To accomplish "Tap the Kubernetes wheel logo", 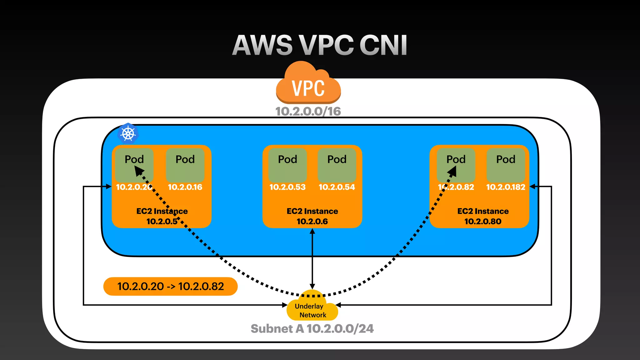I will click(x=128, y=134).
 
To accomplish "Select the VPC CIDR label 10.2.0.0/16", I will click(x=308, y=112).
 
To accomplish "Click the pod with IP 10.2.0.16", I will click(x=185, y=165).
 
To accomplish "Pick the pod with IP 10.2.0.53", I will click(x=287, y=165).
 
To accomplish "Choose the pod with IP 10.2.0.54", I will click(x=337, y=165).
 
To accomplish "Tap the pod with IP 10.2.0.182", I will click(x=506, y=165).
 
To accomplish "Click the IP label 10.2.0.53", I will click(x=287, y=187).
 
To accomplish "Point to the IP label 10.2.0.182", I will click(x=506, y=187).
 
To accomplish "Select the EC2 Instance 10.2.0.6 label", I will click(x=312, y=216).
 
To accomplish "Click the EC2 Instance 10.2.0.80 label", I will click(x=483, y=216).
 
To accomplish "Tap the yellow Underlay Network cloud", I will click(x=312, y=309).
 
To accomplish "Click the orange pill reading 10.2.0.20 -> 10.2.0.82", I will click(x=170, y=286).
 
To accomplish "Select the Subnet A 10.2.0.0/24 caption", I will click(x=312, y=329).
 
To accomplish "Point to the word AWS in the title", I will click(x=262, y=46).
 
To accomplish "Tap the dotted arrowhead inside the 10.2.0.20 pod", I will click(x=139, y=171).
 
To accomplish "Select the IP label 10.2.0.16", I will click(x=185, y=187).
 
